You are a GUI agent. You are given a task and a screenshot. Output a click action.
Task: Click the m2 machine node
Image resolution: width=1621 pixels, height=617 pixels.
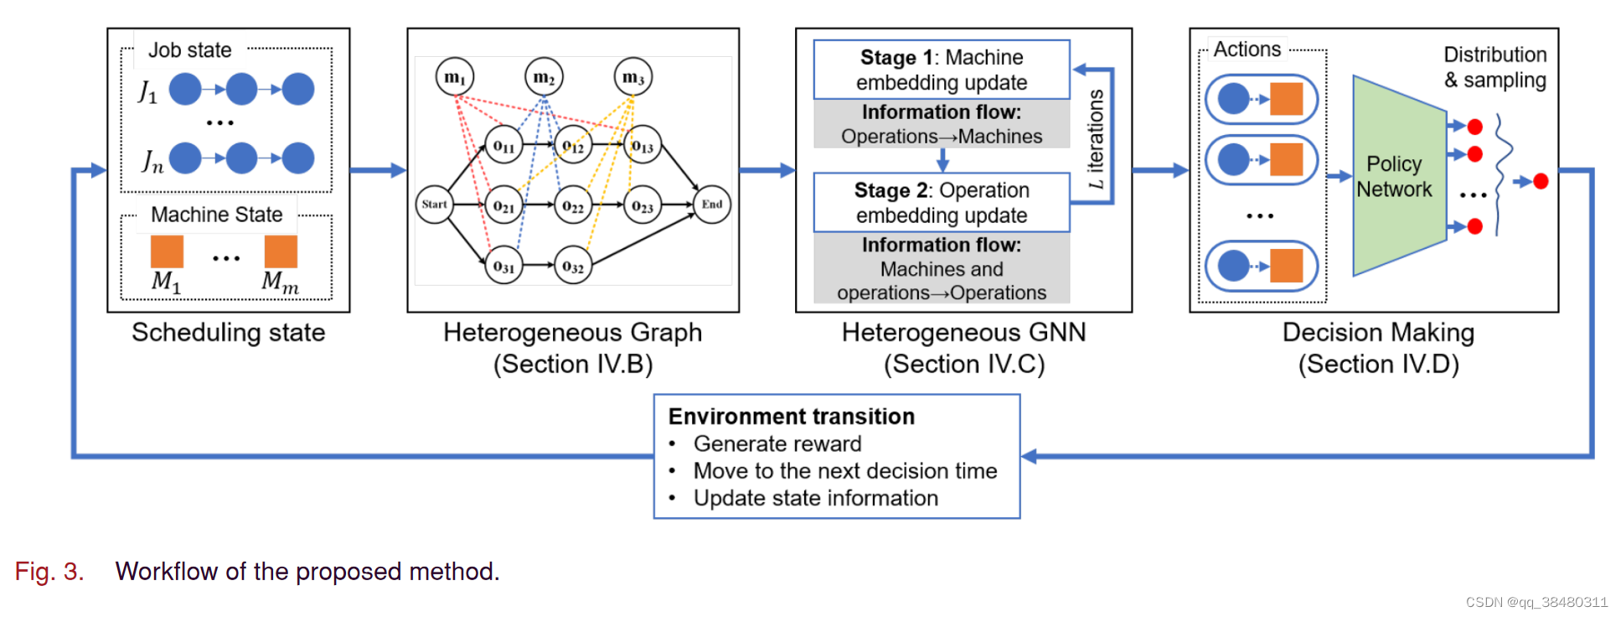(x=544, y=78)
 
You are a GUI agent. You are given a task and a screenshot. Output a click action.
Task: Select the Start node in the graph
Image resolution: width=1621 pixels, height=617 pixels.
(x=434, y=204)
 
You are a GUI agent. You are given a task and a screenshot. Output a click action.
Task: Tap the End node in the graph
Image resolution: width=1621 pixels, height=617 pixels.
(x=712, y=204)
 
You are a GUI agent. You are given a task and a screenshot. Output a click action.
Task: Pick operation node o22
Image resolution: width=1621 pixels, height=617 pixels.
(x=573, y=206)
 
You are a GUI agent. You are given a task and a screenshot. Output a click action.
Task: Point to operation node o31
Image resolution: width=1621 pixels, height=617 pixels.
(x=503, y=267)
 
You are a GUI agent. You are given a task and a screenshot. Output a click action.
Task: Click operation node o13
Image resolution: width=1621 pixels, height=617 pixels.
(x=643, y=147)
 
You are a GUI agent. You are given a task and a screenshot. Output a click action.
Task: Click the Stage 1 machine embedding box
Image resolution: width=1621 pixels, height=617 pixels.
(x=941, y=70)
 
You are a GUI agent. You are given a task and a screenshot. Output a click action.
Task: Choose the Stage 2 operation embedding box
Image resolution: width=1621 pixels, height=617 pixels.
(x=941, y=203)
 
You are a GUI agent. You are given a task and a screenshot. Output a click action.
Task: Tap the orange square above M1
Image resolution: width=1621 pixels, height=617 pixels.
(x=167, y=251)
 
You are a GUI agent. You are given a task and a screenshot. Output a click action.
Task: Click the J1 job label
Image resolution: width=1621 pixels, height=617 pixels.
(x=147, y=91)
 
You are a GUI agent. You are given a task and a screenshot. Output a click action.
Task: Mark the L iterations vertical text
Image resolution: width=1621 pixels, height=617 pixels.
(x=1096, y=139)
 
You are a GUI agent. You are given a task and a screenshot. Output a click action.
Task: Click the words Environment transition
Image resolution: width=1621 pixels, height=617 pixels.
(x=791, y=417)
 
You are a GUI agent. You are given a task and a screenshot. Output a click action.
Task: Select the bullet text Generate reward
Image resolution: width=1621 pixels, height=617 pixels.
(x=777, y=443)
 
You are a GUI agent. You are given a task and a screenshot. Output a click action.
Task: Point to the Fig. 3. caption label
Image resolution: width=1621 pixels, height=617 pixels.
(x=49, y=572)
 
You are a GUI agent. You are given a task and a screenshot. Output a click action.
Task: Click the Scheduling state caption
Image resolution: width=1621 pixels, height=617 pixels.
(x=228, y=333)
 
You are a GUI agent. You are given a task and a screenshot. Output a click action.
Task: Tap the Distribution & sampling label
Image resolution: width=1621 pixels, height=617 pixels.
(x=1495, y=67)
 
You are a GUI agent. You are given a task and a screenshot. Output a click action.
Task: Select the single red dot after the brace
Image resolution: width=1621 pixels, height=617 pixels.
(x=1541, y=181)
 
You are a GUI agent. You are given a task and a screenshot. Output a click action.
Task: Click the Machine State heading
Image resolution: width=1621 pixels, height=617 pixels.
(x=216, y=215)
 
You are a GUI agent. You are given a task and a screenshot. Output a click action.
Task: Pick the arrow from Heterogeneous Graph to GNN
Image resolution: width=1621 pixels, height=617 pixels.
(x=767, y=170)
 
